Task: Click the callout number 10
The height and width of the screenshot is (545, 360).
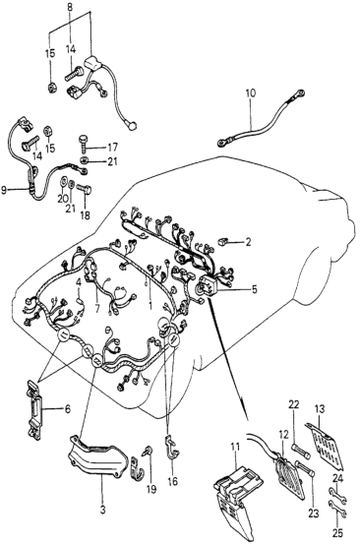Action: [x=250, y=93]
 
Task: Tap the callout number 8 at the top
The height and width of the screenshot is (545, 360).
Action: [x=71, y=6]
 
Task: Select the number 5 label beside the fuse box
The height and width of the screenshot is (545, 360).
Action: [x=255, y=289]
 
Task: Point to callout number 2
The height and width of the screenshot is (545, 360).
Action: [x=248, y=242]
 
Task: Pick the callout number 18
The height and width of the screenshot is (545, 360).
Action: [x=85, y=215]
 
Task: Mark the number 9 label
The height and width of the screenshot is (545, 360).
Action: [x=4, y=190]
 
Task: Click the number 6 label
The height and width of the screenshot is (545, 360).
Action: [x=67, y=409]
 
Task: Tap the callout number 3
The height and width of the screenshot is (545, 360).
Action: [x=102, y=511]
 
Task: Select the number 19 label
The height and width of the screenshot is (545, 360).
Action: [x=150, y=489]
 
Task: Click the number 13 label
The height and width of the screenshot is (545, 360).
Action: [x=320, y=409]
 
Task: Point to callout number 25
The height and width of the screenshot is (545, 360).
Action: [x=336, y=532]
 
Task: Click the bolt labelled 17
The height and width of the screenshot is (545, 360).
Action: [x=84, y=143]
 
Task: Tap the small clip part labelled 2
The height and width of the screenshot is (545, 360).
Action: [x=222, y=242]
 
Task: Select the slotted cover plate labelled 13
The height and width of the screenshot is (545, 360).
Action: [x=325, y=444]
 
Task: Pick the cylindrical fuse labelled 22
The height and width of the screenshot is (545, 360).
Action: [x=300, y=449]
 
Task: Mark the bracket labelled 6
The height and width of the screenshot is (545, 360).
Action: [x=34, y=410]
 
